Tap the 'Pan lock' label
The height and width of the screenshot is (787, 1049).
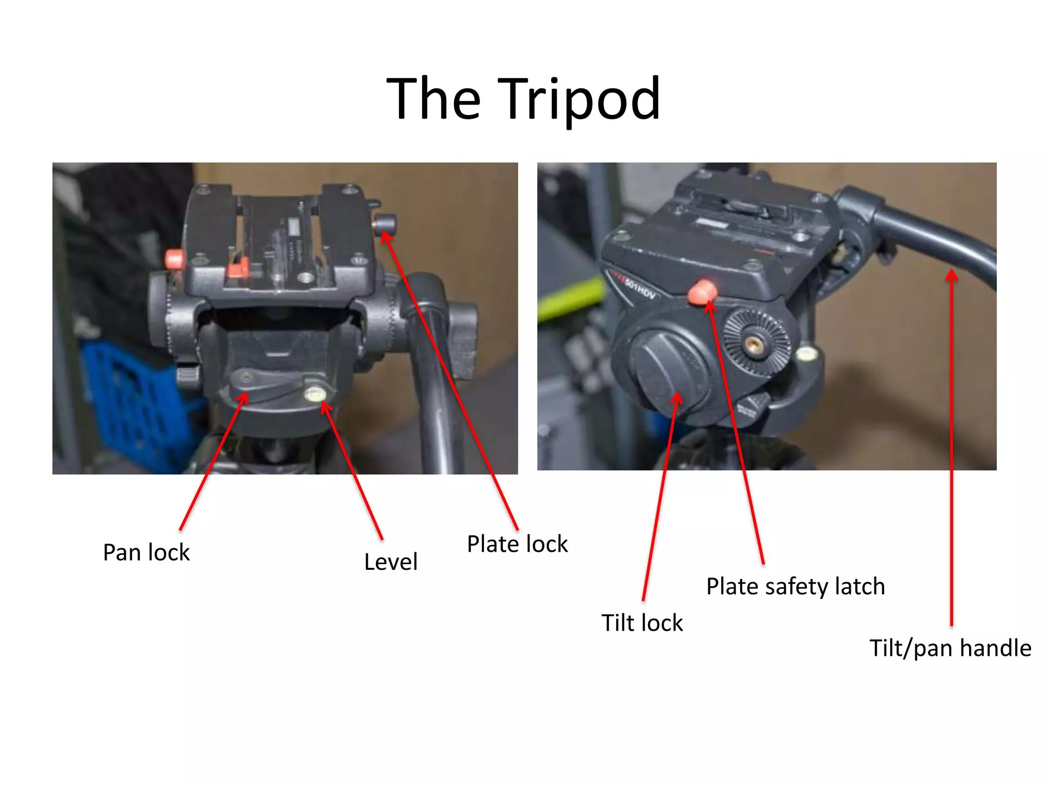(146, 552)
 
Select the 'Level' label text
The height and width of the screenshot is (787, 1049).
(391, 562)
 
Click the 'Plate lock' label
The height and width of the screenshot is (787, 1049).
(517, 544)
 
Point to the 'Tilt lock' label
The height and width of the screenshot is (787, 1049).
(642, 623)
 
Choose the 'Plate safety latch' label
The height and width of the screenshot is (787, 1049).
(795, 586)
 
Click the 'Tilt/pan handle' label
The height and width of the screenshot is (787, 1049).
(950, 648)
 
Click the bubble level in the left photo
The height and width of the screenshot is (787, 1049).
(314, 393)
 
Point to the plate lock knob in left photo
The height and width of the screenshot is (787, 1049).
(385, 224)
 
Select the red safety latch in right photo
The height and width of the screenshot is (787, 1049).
(702, 292)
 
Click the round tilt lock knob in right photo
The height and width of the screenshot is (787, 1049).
(666, 369)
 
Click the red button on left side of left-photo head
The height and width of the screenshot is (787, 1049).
(175, 259)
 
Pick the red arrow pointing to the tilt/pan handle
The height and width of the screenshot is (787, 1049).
(952, 446)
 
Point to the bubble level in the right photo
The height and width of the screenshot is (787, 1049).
(806, 353)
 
